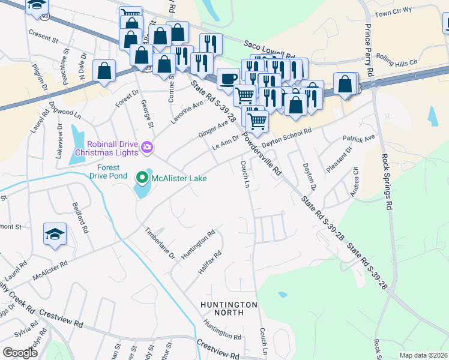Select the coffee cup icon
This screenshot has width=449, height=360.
point(228,79)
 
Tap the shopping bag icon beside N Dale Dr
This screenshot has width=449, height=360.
point(104,71)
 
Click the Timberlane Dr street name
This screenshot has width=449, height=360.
point(160,243)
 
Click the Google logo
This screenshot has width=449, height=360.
point(20,353)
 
